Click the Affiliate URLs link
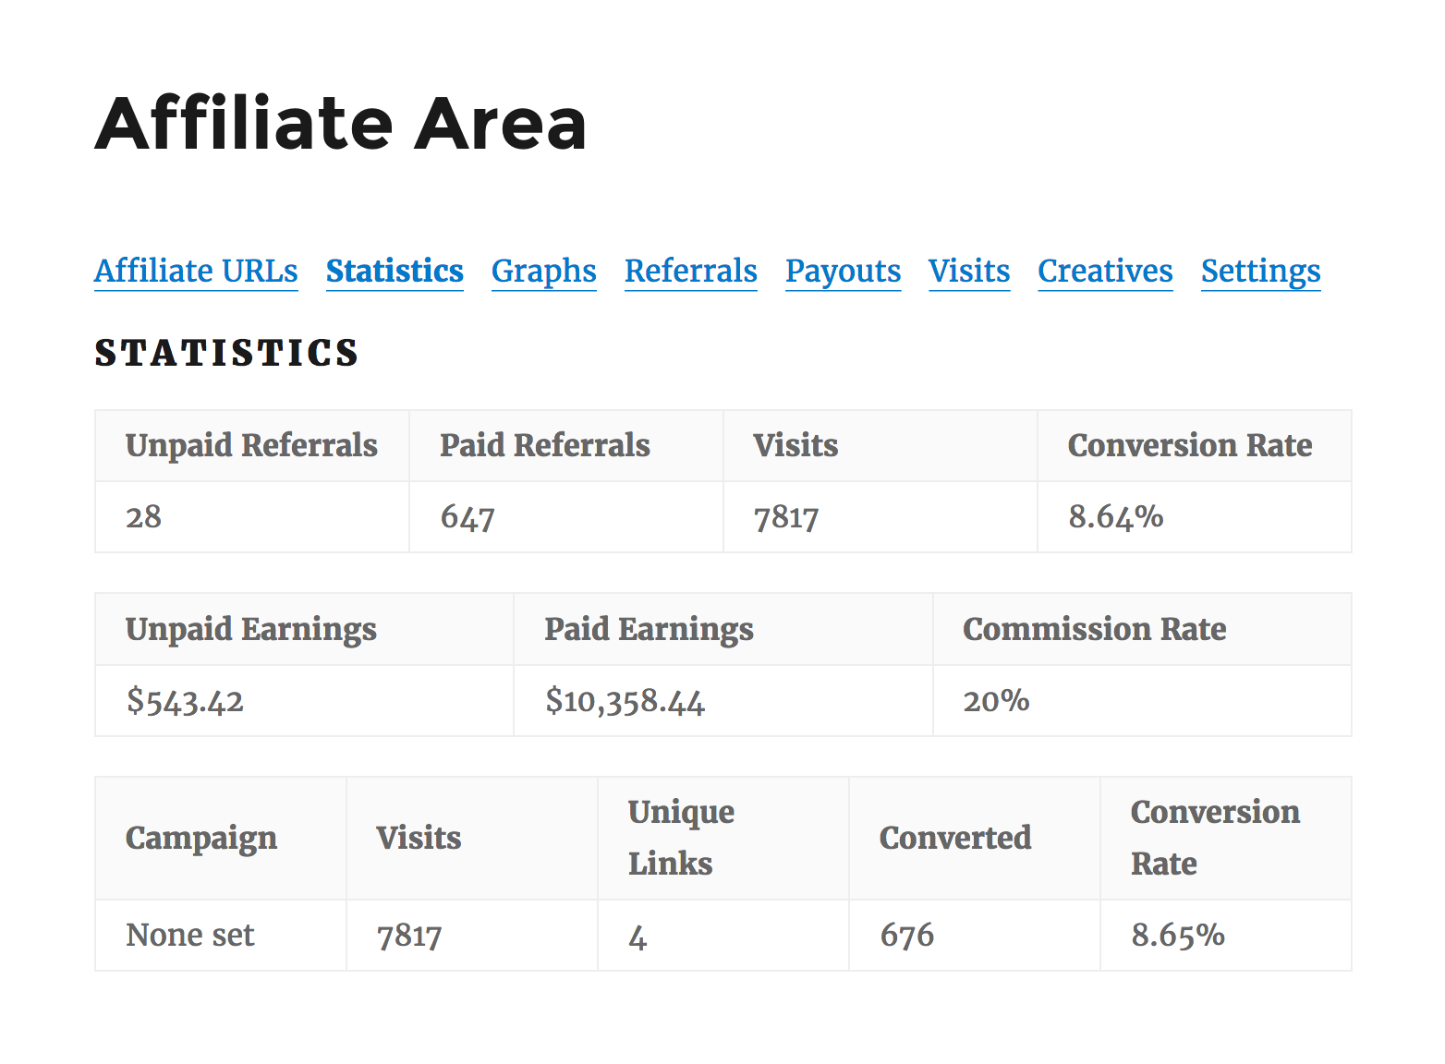click(x=196, y=272)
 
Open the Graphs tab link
click(x=543, y=272)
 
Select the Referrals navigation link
click(x=690, y=272)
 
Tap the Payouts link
click(x=843, y=272)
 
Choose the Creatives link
click(x=1105, y=272)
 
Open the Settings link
click(x=1260, y=272)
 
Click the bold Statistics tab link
click(x=395, y=272)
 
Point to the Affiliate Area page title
click(x=341, y=124)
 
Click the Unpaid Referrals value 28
click(x=144, y=516)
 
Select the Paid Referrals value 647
click(x=467, y=516)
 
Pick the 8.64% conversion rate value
click(x=1115, y=516)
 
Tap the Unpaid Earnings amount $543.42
click(x=185, y=701)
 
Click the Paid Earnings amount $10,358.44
click(x=625, y=701)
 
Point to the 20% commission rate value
click(x=996, y=701)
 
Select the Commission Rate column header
click(x=1094, y=629)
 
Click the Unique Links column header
click(x=681, y=838)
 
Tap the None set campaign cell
click(x=190, y=935)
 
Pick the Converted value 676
click(x=906, y=935)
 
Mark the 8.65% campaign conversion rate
click(x=1178, y=935)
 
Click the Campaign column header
click(x=201, y=838)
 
